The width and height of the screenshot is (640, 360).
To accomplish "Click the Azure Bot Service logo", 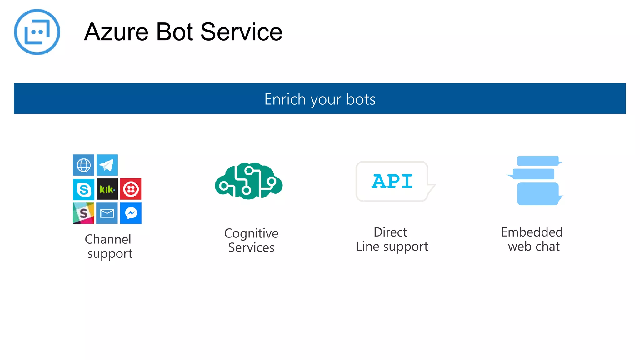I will [37, 32].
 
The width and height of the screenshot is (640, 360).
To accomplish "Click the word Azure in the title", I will [116, 32].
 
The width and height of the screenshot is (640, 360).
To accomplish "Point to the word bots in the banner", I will [361, 99].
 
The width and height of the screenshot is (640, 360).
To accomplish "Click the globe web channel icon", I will [83, 165].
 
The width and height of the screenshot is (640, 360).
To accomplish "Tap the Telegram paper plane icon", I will [107, 165].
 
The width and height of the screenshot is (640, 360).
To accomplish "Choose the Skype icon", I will [83, 189].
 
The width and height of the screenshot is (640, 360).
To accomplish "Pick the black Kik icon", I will [107, 189].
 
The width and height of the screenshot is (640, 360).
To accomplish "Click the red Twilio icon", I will [131, 189].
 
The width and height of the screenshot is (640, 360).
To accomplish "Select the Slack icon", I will [83, 213].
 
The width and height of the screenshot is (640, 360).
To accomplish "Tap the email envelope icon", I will [107, 213].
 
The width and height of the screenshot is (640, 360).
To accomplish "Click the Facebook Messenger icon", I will [131, 213].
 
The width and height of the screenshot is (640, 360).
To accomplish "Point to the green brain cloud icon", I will [249, 181].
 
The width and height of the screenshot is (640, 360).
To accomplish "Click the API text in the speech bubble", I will [392, 181].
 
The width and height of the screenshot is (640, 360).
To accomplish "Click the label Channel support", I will [109, 246].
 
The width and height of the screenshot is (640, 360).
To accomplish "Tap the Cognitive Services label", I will [251, 240].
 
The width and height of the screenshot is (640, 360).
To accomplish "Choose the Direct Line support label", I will [392, 239].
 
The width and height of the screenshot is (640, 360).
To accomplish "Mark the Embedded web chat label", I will [532, 239].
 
